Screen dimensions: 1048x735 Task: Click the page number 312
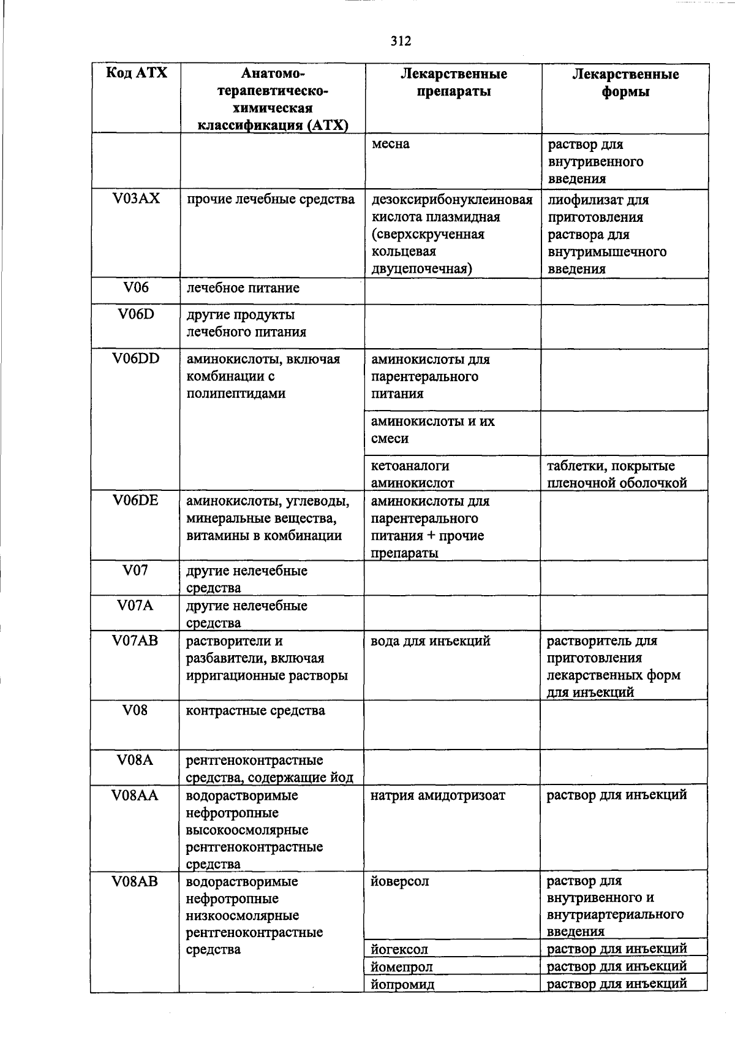(x=401, y=41)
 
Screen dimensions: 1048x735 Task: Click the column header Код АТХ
(x=136, y=73)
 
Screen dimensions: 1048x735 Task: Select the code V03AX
(x=136, y=199)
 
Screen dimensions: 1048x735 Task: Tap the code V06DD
(x=136, y=359)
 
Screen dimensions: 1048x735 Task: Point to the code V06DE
(x=136, y=500)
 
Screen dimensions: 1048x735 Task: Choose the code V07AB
(x=136, y=640)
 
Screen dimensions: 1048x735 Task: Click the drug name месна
(x=390, y=144)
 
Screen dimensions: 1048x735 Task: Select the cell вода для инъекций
(x=431, y=641)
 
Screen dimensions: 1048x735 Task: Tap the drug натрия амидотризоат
(x=438, y=795)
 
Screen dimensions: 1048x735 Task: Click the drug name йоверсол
(x=399, y=881)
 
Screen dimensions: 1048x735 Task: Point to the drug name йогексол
(x=399, y=949)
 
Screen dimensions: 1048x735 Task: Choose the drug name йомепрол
(x=401, y=967)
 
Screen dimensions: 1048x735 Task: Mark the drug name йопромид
(x=402, y=984)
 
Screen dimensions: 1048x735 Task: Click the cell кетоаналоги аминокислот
(x=412, y=474)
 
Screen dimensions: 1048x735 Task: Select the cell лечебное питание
(x=243, y=288)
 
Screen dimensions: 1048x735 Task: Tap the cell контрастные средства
(x=255, y=711)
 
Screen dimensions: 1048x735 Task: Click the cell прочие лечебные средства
(x=271, y=199)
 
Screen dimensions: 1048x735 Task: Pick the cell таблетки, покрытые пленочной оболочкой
(x=616, y=474)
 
